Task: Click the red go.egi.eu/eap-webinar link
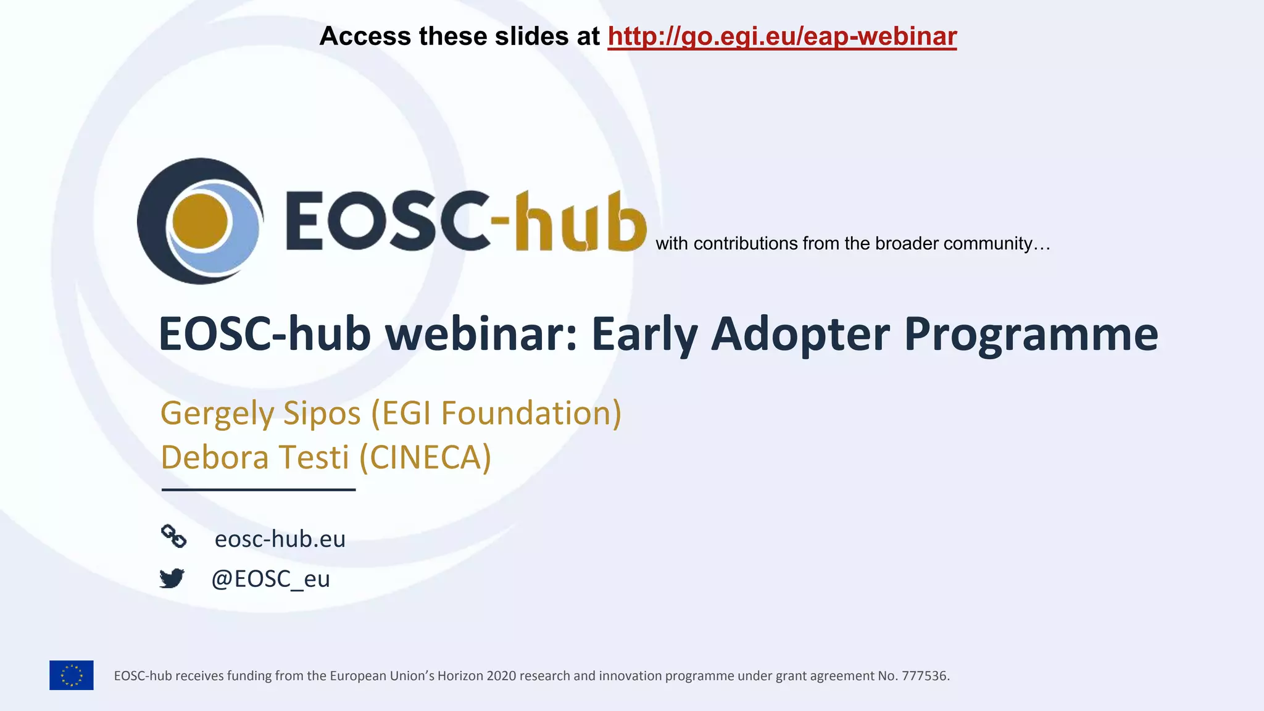782,36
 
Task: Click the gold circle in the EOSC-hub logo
200,221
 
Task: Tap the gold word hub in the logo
580,222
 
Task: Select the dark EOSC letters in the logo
388,221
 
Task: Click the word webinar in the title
481,334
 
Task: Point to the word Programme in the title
1031,334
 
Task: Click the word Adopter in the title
800,334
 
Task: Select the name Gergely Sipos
260,413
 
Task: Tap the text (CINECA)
425,457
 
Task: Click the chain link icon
173,536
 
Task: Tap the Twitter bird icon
172,578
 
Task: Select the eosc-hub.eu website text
280,539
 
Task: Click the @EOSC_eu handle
270,579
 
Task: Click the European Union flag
72,675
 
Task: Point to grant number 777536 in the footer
925,676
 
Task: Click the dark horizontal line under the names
259,489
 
